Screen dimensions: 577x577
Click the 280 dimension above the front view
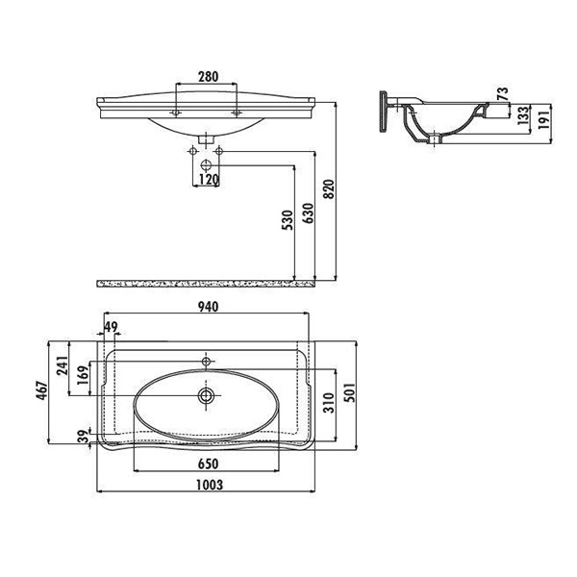point(209,77)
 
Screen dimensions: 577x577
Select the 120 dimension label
point(209,180)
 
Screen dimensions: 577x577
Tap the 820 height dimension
point(329,188)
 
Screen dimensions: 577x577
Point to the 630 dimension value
point(308,213)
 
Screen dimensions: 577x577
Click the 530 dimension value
point(287,220)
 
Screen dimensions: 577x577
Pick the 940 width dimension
point(209,307)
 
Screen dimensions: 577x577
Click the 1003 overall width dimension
point(209,485)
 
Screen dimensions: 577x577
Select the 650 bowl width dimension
point(208,464)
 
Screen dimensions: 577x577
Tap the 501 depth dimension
point(350,392)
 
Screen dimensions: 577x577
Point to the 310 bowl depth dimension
point(329,403)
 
